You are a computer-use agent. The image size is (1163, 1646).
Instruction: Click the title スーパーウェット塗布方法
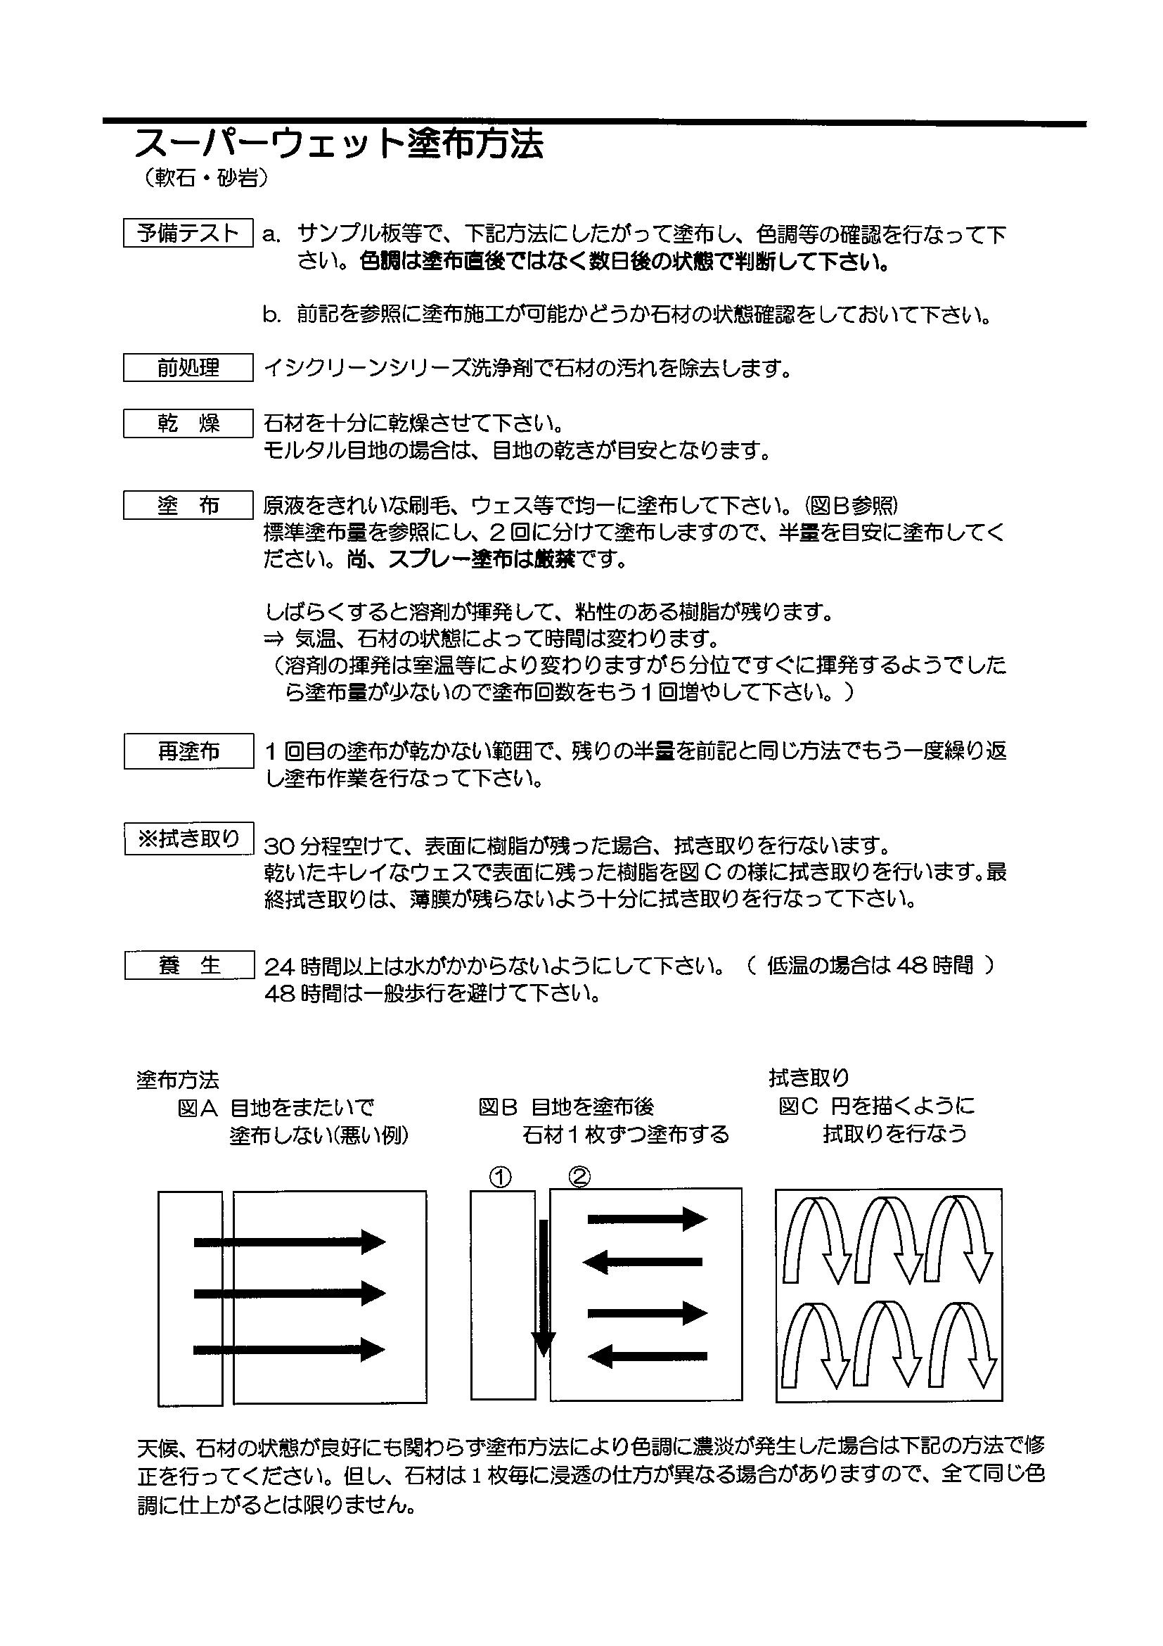339,144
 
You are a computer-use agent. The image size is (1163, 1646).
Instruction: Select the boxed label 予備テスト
188,233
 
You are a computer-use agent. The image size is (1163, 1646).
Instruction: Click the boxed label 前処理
188,368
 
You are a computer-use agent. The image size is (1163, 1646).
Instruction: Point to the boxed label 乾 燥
188,423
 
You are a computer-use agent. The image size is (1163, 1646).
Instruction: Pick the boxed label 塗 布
188,506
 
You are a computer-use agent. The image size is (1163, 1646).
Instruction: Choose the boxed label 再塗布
188,751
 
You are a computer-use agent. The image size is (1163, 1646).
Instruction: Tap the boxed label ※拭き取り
188,838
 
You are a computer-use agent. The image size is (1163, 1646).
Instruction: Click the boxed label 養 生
188,965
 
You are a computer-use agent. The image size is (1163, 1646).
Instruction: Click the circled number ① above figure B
500,1176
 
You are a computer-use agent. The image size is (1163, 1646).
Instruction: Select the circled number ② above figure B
579,1176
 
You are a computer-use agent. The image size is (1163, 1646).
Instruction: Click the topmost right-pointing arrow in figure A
290,1242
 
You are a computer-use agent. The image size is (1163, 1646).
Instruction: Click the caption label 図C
797,1107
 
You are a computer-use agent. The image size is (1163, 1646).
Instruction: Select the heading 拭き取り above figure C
809,1078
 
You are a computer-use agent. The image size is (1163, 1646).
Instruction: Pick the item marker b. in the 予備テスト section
271,315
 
